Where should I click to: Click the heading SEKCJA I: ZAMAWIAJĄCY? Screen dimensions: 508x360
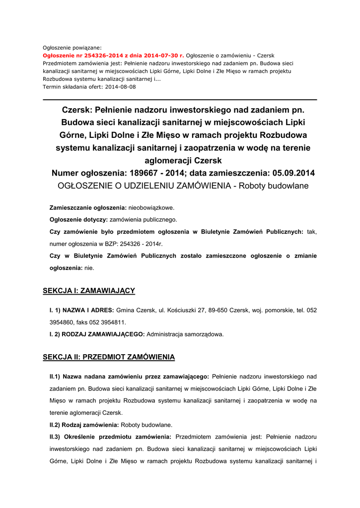pyautogui.click(x=89, y=290)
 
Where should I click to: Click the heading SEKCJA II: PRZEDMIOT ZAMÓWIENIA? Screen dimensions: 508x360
pyautogui.click(x=109, y=357)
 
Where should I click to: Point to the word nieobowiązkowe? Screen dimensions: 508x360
pyautogui.click(x=151, y=207)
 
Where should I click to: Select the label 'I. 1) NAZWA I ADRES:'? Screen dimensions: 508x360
pyautogui.click(x=82, y=310)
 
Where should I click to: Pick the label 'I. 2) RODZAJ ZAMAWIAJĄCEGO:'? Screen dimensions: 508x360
pyautogui.click(x=97, y=334)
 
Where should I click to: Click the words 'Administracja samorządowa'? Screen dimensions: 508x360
pyautogui.click(x=185, y=334)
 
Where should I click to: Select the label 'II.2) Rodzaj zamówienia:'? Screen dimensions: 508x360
pyautogui.click(x=84, y=425)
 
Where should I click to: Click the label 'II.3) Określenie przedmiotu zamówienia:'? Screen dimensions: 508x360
pyautogui.click(x=110, y=437)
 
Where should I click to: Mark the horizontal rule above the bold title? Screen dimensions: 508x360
pyautogui.click(x=180, y=100)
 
